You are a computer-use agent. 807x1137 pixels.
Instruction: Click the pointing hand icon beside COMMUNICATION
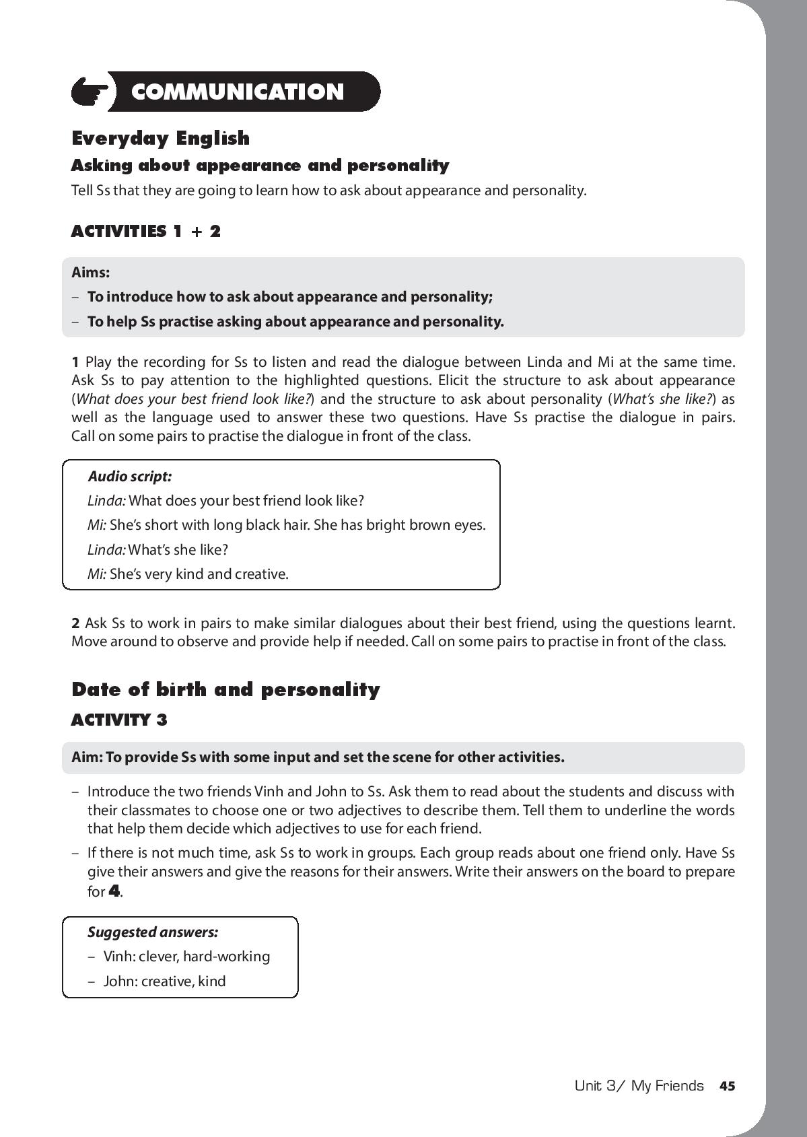click(x=91, y=92)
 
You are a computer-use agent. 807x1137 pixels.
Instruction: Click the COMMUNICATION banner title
click(x=238, y=92)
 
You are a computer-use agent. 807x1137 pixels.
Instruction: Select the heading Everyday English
click(x=160, y=138)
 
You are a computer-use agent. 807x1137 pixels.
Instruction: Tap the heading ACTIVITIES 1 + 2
click(x=146, y=232)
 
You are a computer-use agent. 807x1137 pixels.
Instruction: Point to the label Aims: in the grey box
click(x=90, y=273)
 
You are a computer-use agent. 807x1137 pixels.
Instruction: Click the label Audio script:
click(x=130, y=477)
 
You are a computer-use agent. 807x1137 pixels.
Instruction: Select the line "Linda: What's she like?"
click(x=158, y=550)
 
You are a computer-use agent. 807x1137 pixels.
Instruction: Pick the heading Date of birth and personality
click(x=225, y=689)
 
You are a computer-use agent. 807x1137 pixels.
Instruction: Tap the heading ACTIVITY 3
click(x=119, y=720)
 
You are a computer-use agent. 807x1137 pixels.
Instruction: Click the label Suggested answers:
click(x=153, y=932)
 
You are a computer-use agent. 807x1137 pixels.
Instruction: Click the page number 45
click(x=727, y=1086)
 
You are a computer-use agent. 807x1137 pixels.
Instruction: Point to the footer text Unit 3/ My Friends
click(x=639, y=1086)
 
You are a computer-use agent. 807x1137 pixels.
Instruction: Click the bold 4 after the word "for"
click(x=114, y=892)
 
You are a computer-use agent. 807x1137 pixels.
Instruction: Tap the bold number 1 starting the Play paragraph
click(x=76, y=362)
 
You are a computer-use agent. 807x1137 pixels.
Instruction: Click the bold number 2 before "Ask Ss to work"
click(x=76, y=623)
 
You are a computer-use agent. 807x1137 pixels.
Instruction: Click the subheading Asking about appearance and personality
click(x=260, y=166)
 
